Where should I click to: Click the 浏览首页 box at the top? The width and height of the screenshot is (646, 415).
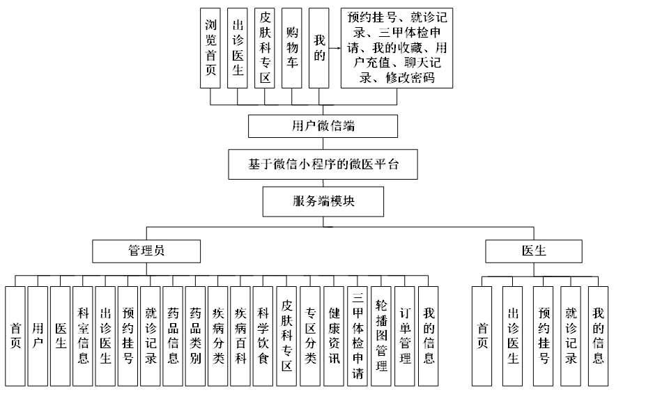(x=210, y=48)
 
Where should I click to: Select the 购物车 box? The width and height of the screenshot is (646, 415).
(x=292, y=48)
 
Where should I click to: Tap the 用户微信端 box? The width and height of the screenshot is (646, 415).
(x=323, y=126)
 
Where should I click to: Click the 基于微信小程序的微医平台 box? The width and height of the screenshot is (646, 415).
(x=323, y=164)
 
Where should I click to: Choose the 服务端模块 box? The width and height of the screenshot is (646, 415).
(x=323, y=201)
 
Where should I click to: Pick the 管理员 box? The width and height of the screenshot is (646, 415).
(x=147, y=251)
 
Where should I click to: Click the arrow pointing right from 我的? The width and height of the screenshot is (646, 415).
(x=334, y=49)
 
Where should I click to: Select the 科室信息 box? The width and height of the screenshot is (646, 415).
(x=83, y=336)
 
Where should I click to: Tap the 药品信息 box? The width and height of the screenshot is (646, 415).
(x=173, y=336)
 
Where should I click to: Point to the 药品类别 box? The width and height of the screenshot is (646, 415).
(x=196, y=336)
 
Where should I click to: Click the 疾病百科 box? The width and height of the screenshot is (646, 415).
(x=240, y=336)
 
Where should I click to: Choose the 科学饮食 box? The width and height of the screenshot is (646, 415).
(x=263, y=336)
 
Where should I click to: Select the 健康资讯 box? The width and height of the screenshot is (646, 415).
(x=334, y=336)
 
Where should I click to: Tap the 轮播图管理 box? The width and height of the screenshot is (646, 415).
(x=380, y=336)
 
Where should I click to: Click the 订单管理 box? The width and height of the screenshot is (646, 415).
(x=405, y=336)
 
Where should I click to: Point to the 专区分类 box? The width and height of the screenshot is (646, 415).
(x=310, y=336)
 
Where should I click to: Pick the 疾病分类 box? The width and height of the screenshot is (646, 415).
(x=218, y=336)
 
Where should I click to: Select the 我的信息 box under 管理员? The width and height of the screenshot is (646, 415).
(x=429, y=336)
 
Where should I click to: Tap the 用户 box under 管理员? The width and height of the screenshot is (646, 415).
(x=38, y=336)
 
